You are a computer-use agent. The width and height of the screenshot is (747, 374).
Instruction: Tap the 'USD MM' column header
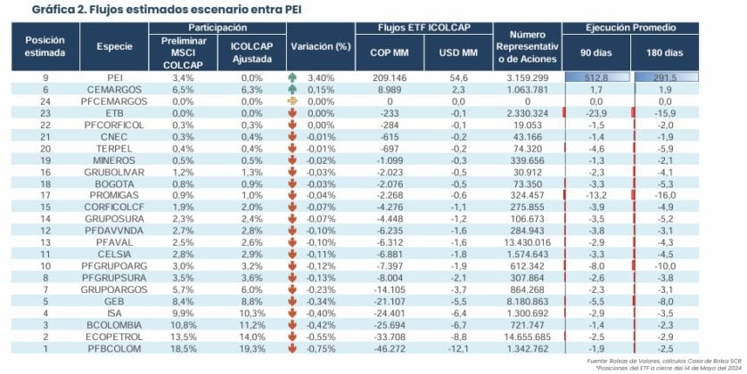point(458,52)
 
